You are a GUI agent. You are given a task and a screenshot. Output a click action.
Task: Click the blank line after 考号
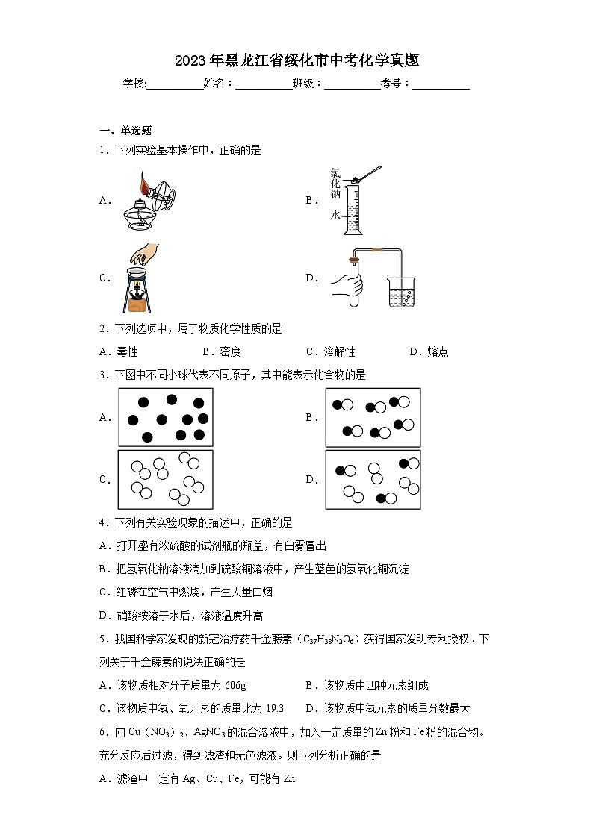pos(441,84)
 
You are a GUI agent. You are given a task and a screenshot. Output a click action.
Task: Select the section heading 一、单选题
pos(125,130)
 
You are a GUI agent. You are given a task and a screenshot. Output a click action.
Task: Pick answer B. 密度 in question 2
pos(222,351)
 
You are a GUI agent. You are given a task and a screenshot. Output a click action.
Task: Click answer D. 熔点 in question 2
pos(429,351)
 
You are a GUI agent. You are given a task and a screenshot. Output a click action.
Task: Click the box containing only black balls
pos(165,417)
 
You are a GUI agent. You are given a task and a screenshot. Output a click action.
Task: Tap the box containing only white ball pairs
pos(165,479)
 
